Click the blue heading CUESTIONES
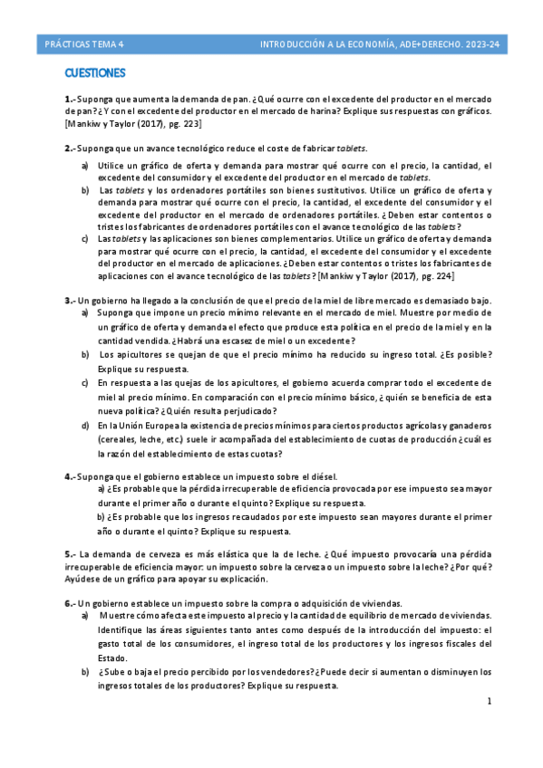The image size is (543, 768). pyautogui.click(x=94, y=72)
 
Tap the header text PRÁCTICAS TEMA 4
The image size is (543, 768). pyautogui.click(x=84, y=43)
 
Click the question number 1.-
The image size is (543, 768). pyautogui.click(x=70, y=99)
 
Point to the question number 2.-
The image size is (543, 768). pyautogui.click(x=70, y=148)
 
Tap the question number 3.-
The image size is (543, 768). pyautogui.click(x=70, y=300)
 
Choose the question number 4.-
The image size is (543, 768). pyautogui.click(x=70, y=475)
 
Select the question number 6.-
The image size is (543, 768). pyautogui.click(x=70, y=602)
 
